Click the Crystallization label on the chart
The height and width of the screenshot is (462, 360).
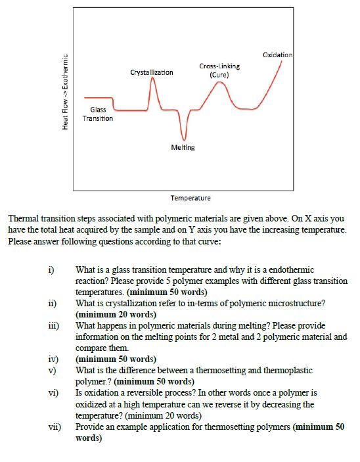152,72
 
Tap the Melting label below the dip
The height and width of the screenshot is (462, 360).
183,147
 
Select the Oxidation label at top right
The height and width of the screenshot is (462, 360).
277,54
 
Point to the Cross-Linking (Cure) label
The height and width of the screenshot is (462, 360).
219,70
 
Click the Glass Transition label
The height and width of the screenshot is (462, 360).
98,114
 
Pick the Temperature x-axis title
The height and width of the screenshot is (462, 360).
191,198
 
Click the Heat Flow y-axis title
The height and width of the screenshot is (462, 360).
64,92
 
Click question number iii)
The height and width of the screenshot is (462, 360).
53,325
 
